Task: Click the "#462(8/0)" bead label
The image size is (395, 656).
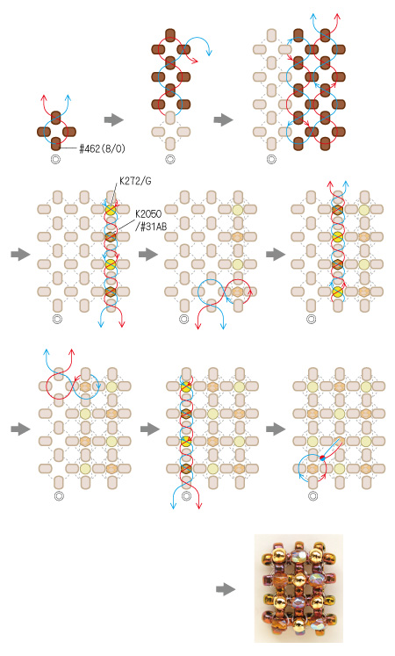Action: point(102,148)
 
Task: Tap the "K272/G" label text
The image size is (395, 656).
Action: point(135,182)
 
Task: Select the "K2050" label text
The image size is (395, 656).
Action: point(148,213)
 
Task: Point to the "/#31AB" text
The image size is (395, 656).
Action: point(150,227)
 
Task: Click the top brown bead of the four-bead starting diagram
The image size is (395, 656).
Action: point(56,118)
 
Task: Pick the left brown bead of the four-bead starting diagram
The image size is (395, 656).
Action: point(44,132)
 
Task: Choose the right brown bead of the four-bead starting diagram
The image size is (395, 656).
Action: point(69,132)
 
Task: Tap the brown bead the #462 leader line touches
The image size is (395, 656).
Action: point(56,144)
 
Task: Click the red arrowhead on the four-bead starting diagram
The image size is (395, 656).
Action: point(44,97)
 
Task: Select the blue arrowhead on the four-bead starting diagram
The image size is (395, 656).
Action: point(68,97)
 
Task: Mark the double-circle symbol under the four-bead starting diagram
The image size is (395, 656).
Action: point(55,160)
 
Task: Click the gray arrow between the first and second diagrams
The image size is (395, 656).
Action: point(114,120)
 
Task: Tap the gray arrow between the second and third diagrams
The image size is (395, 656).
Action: point(224,120)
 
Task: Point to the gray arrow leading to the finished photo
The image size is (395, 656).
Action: point(226,589)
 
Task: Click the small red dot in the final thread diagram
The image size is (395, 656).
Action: point(322,458)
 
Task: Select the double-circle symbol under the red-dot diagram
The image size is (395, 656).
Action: point(312,496)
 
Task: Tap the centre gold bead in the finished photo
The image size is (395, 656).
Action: point(298,580)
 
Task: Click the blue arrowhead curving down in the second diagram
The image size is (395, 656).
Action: point(209,53)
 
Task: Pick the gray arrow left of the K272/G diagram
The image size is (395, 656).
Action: point(20,254)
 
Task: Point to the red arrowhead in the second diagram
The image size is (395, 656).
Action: point(195,61)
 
